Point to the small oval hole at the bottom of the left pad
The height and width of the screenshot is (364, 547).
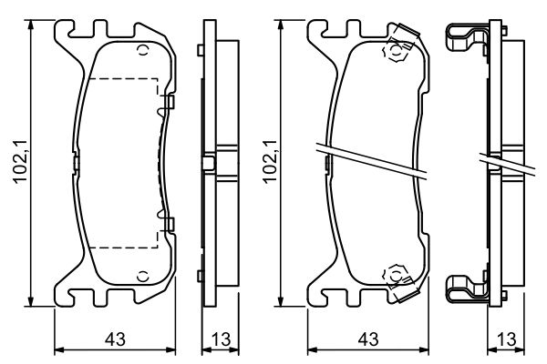tap(141, 276)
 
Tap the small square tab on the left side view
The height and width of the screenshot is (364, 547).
tap(209, 164)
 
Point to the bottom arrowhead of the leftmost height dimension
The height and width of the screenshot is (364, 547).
tap(34, 303)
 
